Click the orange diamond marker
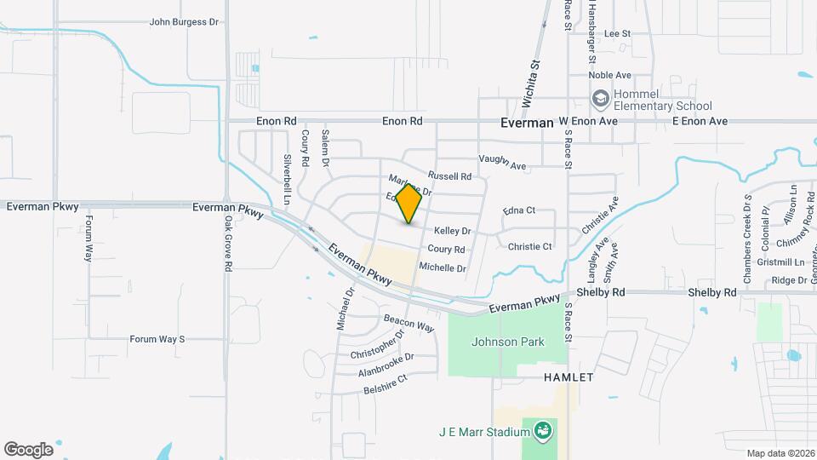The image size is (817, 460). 409,204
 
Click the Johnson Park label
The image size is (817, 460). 507,342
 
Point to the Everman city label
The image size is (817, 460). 527,123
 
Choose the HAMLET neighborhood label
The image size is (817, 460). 569,377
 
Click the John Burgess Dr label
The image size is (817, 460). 184,22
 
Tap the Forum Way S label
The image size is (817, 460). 157,339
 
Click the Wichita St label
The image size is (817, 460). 535,76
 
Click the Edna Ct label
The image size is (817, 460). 519,210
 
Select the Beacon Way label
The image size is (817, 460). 408,323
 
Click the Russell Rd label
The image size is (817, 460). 449,176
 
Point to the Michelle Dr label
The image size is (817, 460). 443,268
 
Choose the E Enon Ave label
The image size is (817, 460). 700,122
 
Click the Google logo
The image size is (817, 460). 28,450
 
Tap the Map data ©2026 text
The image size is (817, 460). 780,453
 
